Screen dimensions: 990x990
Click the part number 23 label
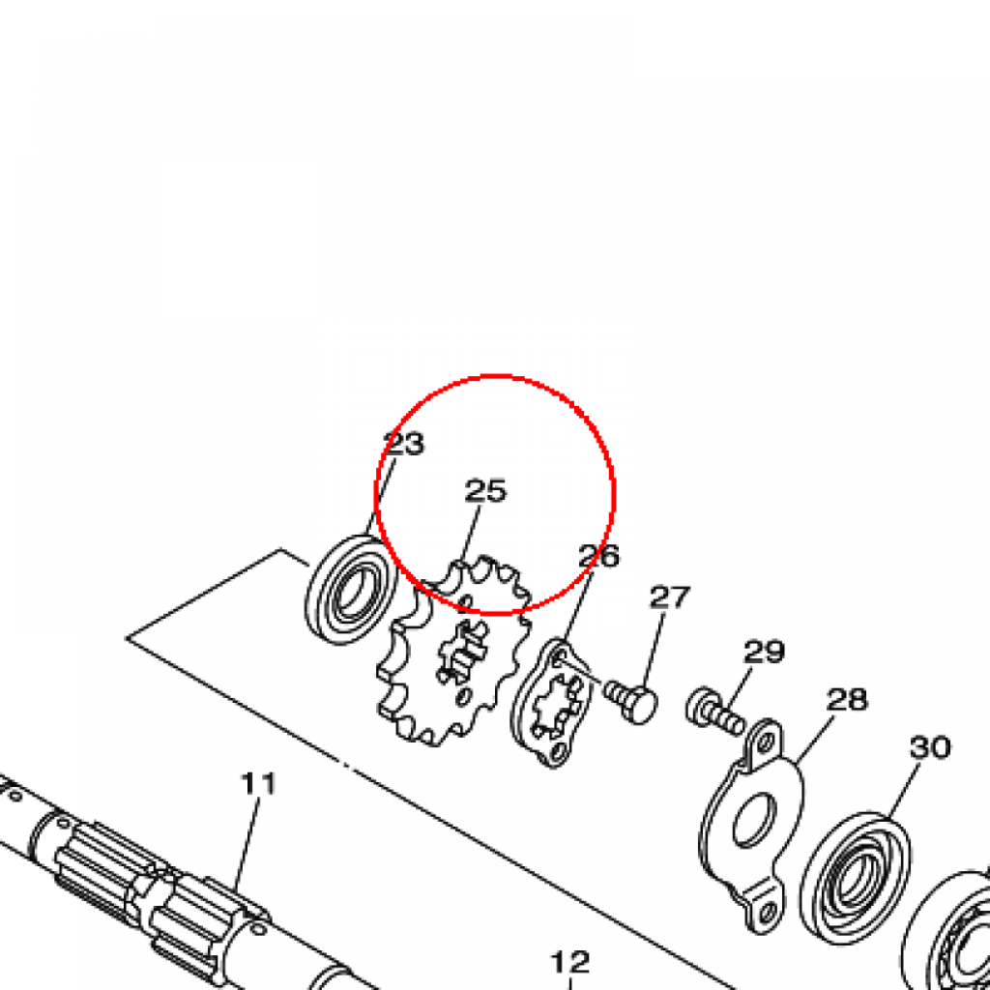(405, 444)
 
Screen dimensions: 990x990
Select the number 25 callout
(485, 490)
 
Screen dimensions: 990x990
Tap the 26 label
(599, 556)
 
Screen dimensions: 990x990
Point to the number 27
(670, 597)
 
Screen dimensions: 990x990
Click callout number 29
(764, 652)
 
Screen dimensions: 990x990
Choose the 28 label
(847, 700)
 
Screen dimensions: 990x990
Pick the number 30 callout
(930, 747)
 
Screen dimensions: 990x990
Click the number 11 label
(259, 783)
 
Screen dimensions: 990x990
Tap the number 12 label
(570, 963)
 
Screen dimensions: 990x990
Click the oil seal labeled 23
(351, 590)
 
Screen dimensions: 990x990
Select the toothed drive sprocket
(453, 652)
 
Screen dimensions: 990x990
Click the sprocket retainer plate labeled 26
(552, 702)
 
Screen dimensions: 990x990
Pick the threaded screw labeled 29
(715, 713)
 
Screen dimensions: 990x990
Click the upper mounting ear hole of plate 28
(766, 742)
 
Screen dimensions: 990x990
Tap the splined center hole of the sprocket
(463, 657)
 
